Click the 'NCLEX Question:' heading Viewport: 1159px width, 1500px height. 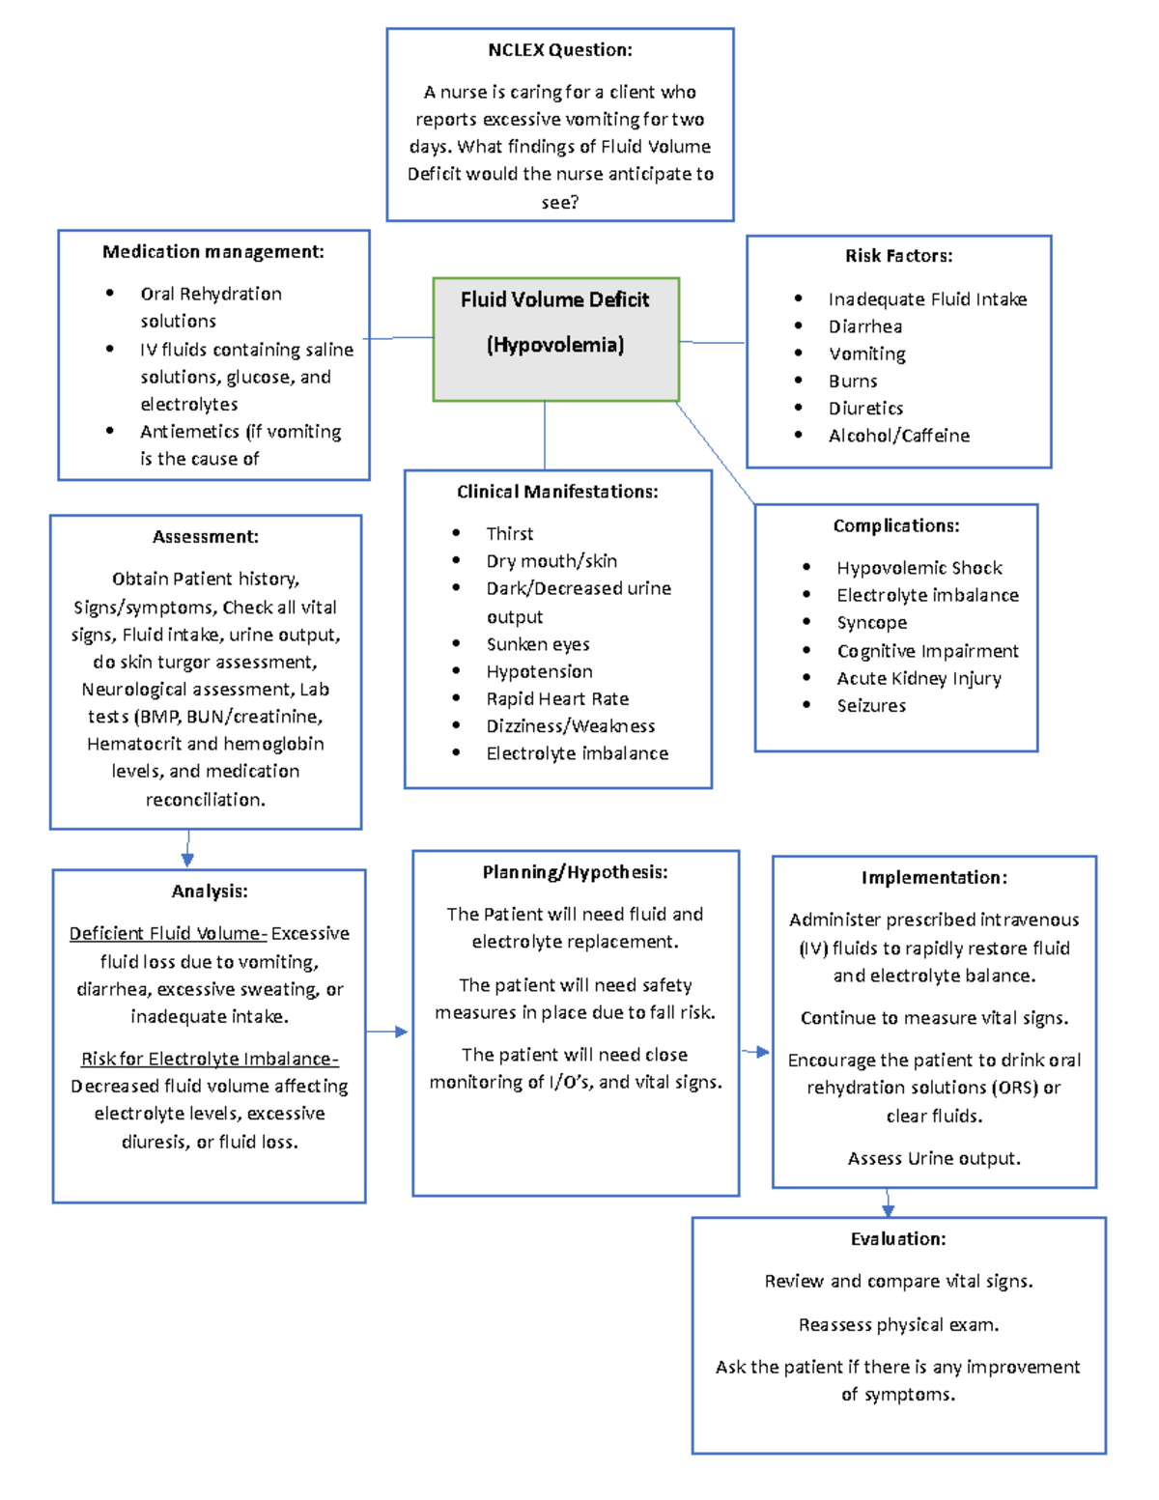coord(560,50)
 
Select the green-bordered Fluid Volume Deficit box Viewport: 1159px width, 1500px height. coord(555,338)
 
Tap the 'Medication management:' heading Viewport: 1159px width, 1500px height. coord(213,252)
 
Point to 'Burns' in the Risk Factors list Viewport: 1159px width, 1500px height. coord(853,382)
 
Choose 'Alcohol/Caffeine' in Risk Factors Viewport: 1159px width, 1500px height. coord(898,436)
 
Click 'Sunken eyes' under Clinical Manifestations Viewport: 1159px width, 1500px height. coord(538,644)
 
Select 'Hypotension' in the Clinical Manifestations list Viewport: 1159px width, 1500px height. coord(539,671)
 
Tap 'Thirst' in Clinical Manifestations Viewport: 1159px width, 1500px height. coord(509,534)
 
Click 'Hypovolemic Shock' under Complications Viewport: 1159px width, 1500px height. coord(919,568)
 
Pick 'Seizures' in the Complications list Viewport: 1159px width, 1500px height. coord(871,706)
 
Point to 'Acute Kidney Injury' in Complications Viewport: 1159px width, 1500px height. coord(919,679)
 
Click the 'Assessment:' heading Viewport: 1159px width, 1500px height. coord(206,537)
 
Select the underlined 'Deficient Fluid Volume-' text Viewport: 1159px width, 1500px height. coord(168,934)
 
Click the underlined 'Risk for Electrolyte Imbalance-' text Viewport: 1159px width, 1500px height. coord(210,1060)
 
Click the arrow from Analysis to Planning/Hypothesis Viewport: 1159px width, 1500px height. coord(388,1033)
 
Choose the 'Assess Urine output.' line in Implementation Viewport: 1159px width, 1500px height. coord(934,1159)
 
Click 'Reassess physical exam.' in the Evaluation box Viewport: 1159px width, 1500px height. coord(898,1325)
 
